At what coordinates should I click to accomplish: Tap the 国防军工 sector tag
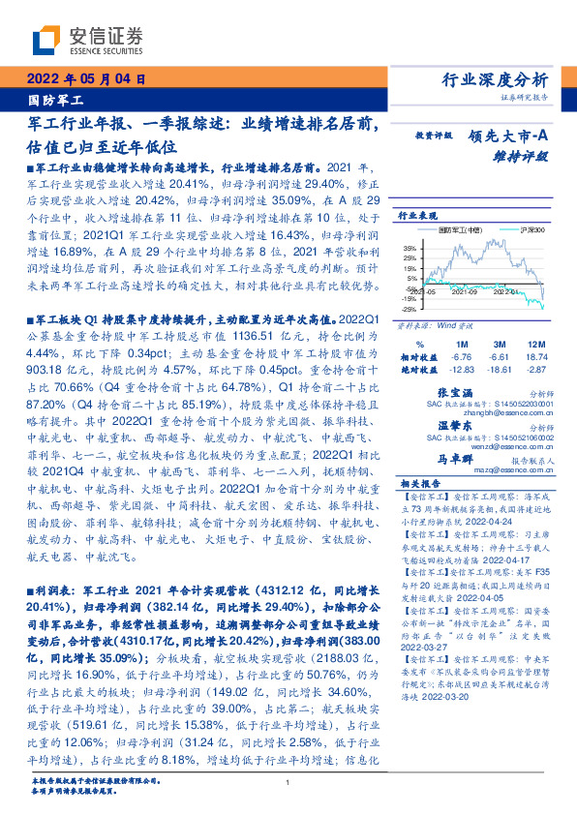click(x=52, y=99)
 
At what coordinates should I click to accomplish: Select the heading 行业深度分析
click(x=508, y=79)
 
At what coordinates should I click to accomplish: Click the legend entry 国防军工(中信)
click(x=454, y=230)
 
